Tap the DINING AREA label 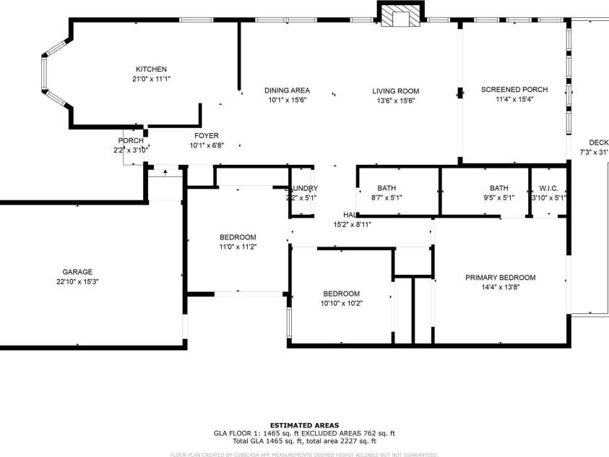(287, 90)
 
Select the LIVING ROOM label (395, 91)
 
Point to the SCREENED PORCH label (514, 90)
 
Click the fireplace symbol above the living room (397, 15)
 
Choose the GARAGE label (77, 272)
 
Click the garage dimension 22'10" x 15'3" (77, 282)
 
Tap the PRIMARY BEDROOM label (500, 278)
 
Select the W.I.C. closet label (548, 187)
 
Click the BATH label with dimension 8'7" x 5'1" (386, 187)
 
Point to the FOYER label (206, 136)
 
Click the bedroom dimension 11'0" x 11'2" (238, 247)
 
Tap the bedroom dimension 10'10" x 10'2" (341, 303)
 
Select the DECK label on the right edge (598, 142)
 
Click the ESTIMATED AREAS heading (304, 425)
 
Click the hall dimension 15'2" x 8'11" (352, 225)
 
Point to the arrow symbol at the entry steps (165, 173)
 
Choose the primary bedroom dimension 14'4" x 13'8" (500, 287)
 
